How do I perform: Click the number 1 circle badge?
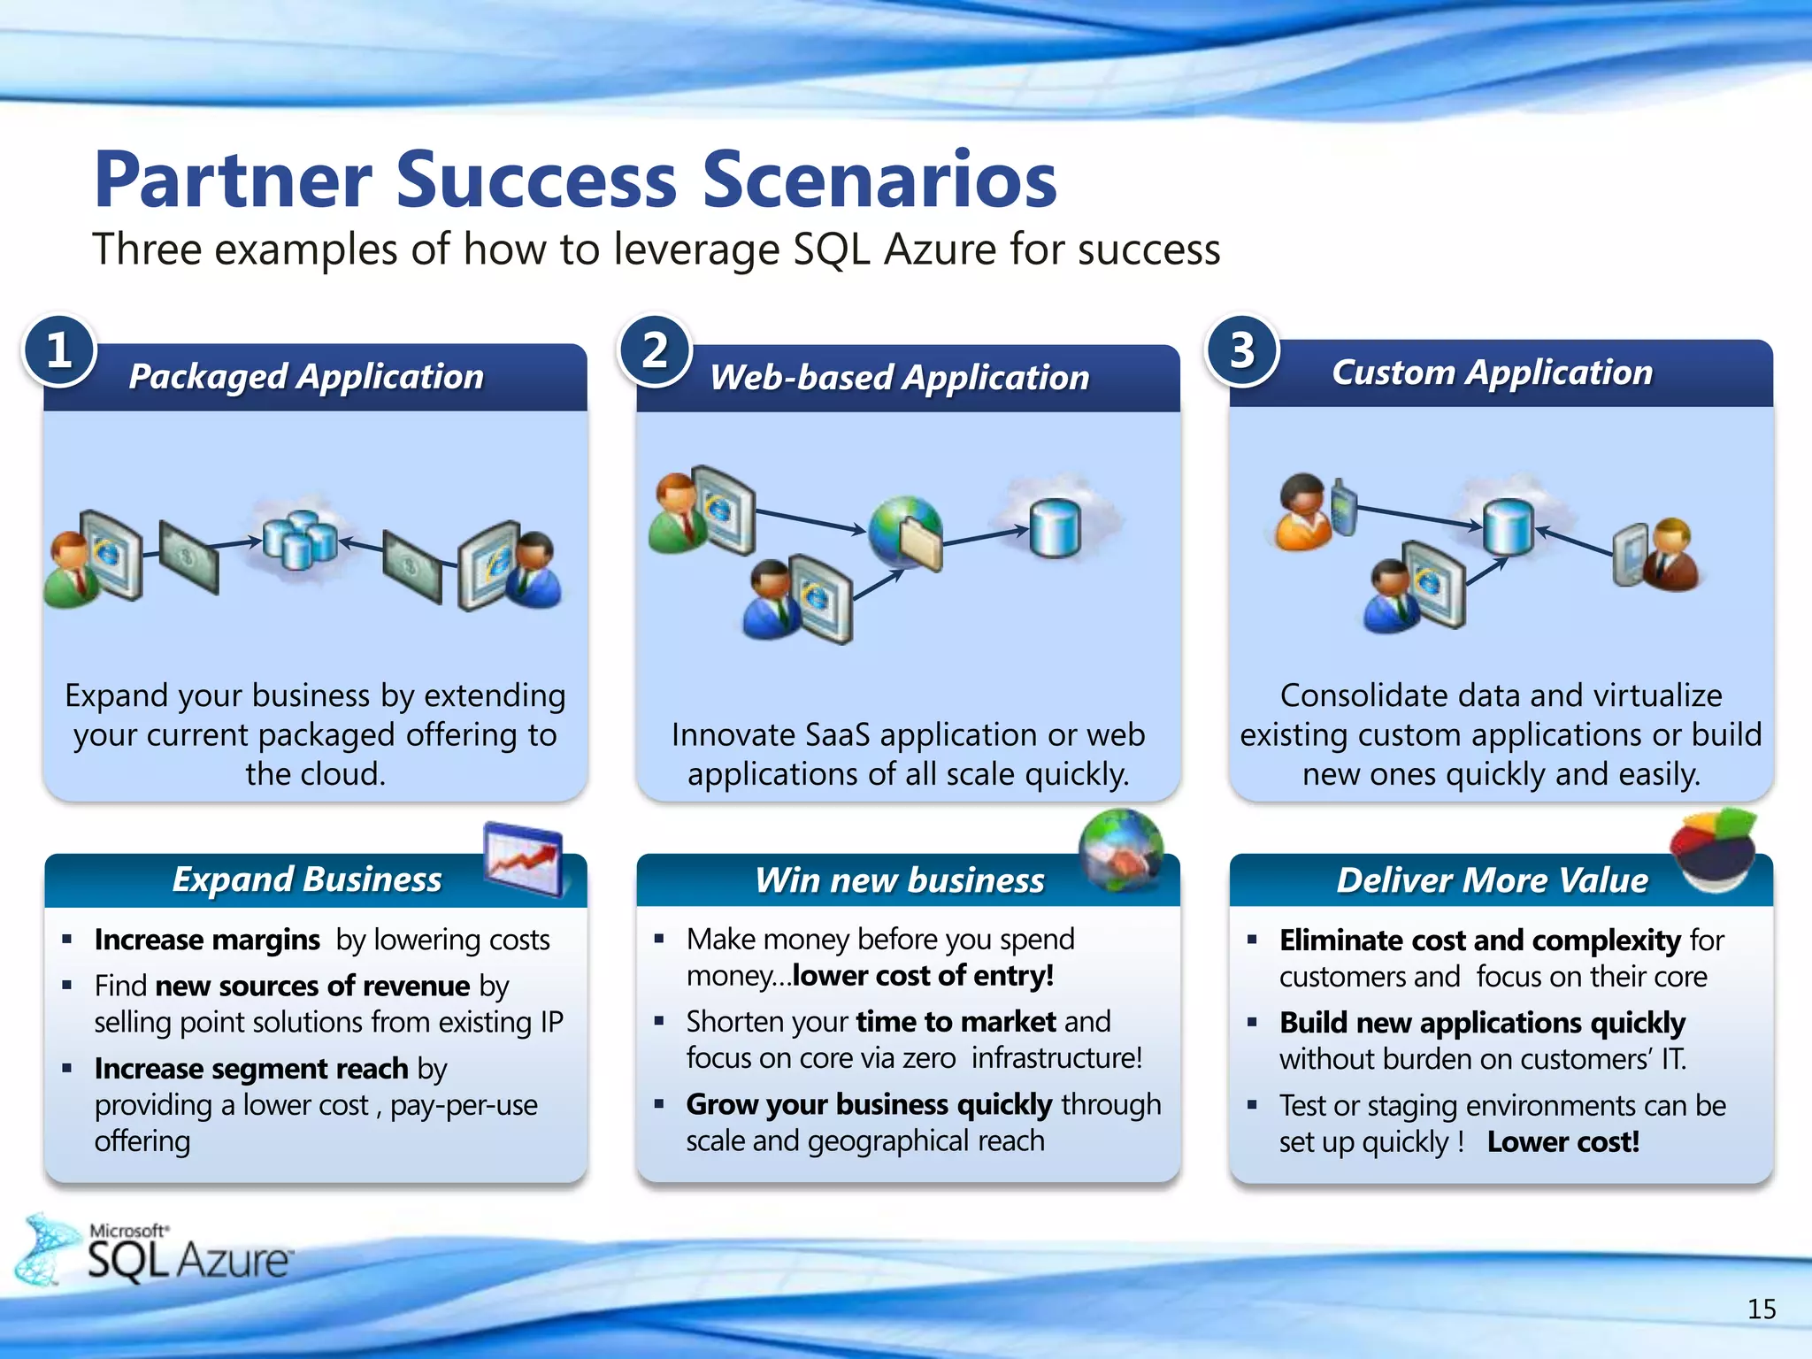58,350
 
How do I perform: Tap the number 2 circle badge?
655,350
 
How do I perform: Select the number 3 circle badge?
1242,350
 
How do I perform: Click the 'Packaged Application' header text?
306,377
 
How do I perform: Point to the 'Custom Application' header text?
1492,372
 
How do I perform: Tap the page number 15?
1761,1309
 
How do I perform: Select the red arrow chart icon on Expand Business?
524,857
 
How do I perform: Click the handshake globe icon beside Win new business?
1121,849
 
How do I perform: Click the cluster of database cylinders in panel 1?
299,539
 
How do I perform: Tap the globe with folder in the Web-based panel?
906,531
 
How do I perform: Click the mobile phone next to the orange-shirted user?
1343,507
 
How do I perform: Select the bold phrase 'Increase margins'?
207,940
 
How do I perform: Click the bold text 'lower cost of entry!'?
923,975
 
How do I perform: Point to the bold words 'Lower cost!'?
1562,1141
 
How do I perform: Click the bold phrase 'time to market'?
956,1022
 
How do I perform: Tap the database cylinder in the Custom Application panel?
1508,526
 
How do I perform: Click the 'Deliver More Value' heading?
1492,880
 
